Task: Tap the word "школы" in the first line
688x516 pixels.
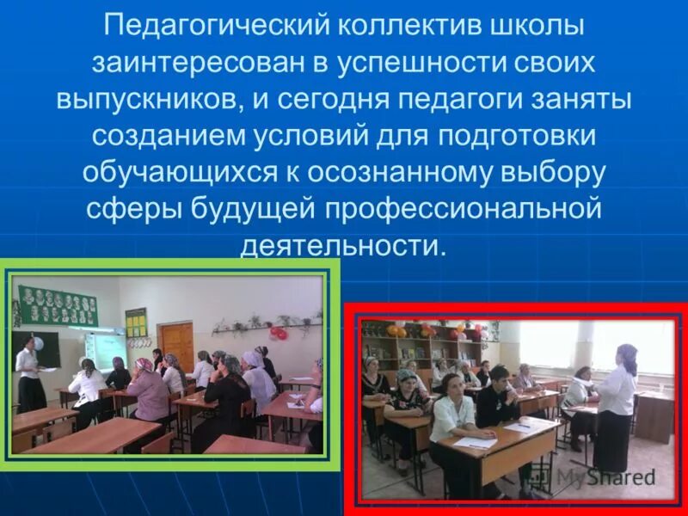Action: tap(533, 26)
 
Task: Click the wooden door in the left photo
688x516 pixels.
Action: tap(177, 344)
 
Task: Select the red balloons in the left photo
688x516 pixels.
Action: tap(277, 333)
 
